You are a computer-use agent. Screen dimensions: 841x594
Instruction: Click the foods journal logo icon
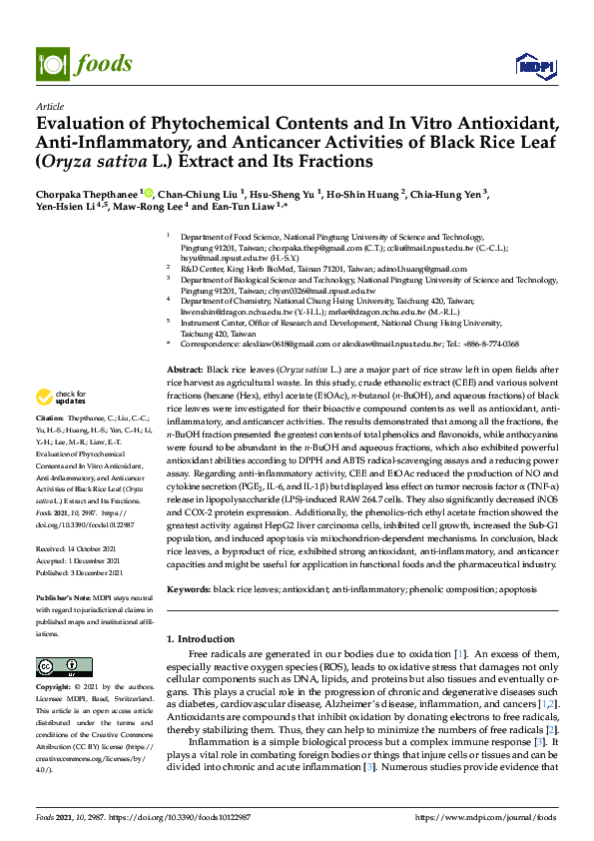pos(50,59)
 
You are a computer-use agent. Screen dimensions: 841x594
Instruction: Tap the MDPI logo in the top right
pos(534,66)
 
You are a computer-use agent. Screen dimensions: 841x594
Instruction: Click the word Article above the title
pos(49,105)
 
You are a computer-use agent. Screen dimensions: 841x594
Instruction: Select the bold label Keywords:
pos(191,591)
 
